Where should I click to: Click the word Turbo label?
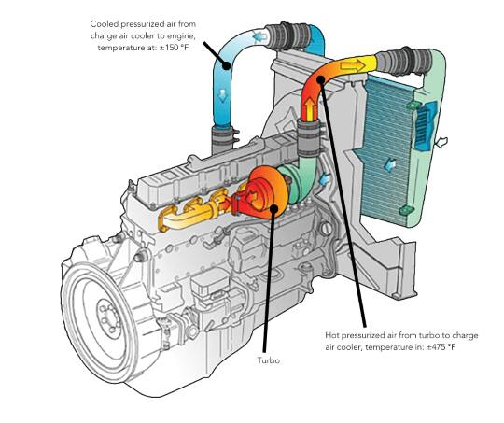269,360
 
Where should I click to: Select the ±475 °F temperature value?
441,347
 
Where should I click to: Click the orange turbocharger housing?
265,192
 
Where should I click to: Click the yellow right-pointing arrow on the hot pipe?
353,66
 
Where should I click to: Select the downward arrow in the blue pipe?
222,96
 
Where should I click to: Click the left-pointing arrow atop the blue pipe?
259,37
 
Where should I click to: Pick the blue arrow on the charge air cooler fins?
389,165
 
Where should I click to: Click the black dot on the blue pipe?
227,65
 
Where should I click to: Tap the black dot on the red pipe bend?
320,79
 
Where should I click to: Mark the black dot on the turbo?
273,208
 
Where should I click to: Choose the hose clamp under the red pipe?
309,138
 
